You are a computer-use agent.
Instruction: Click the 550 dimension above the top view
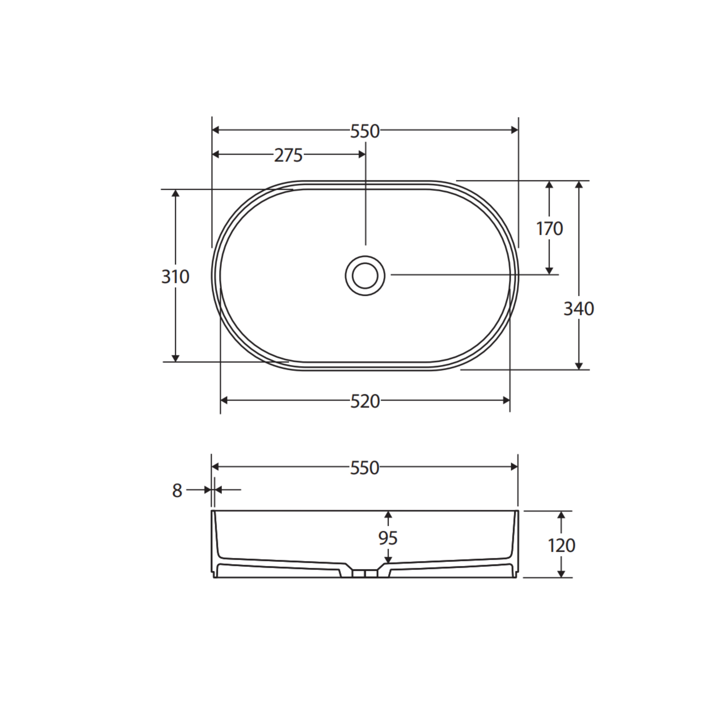365,131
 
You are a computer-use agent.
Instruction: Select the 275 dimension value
288,155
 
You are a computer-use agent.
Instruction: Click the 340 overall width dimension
578,309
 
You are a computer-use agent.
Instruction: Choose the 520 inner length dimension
365,401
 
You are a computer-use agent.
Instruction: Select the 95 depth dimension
388,538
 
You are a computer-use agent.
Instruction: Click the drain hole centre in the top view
365,276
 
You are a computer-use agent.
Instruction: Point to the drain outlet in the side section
365,573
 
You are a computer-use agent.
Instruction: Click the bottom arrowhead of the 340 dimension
579,366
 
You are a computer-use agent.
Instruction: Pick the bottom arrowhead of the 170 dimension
549,271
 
